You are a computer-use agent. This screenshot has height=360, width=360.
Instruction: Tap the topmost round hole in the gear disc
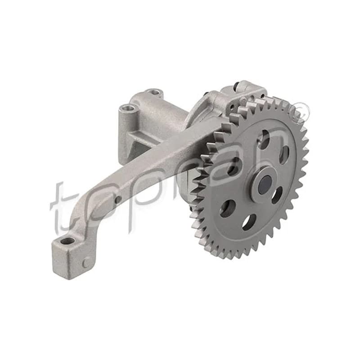pos(264,139)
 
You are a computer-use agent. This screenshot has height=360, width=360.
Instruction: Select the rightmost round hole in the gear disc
pos(285,155)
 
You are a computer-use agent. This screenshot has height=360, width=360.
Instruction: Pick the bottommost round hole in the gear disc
pos(249,221)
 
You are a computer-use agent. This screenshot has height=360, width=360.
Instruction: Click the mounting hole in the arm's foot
pos(68,241)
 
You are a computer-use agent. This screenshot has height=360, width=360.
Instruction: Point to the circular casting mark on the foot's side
pos(86,262)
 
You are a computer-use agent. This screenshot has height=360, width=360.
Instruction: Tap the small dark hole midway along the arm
pos(118,199)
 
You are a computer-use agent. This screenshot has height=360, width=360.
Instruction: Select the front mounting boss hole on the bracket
pos(127,107)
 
